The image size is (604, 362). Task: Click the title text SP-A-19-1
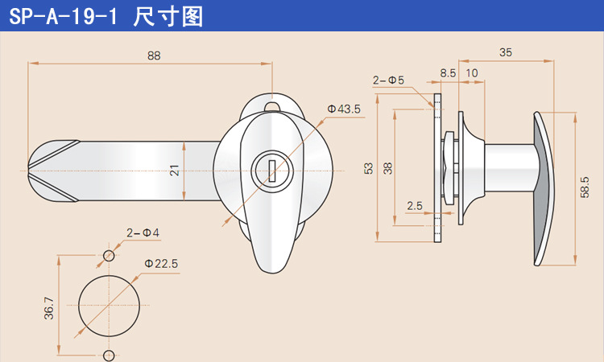click(58, 16)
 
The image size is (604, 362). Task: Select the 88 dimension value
click(154, 56)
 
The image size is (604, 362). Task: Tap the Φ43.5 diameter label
click(344, 109)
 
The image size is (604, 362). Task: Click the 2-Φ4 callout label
click(143, 232)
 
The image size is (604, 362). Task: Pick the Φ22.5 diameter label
click(161, 263)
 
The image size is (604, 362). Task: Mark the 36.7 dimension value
click(49, 307)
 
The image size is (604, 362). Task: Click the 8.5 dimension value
click(448, 72)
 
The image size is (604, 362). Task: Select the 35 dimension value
click(506, 52)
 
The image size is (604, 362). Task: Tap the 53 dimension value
click(369, 168)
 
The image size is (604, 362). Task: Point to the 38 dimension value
click(388, 168)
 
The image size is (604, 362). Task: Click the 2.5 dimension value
click(415, 206)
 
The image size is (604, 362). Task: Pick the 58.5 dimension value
click(585, 187)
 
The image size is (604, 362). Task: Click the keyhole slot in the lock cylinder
click(273, 171)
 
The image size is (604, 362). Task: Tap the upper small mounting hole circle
click(109, 256)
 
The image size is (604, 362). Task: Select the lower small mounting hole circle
click(109, 356)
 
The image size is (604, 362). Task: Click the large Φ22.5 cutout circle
click(109, 306)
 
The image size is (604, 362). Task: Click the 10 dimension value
click(472, 72)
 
